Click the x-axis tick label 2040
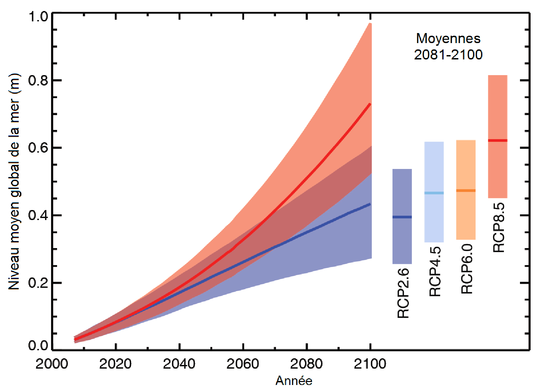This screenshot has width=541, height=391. pos(179,364)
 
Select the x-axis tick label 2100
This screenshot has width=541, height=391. pos(370,364)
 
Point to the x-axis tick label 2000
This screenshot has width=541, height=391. pos(52,364)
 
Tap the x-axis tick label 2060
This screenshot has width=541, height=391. pos(243,364)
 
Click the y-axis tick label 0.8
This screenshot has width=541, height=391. pos(38,80)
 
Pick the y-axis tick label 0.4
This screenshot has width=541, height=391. pos(38,215)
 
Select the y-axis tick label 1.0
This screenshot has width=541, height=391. pos(38,16)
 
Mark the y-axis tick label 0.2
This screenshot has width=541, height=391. pos(38,283)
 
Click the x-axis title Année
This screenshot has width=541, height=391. pos(294,381)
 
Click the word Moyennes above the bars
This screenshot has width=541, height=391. pos(448,38)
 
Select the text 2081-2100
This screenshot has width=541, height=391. pos(448,54)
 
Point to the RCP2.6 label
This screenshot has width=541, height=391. pos(403,293)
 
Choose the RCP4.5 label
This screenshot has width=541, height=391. pos(435,271)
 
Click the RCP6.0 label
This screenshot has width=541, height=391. pos(467,269)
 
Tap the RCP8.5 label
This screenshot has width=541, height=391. pos(499,227)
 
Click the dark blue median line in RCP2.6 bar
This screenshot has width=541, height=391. pos(402,217)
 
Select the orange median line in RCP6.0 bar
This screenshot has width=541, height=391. pos(466,191)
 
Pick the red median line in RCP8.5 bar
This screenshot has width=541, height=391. pos(498,141)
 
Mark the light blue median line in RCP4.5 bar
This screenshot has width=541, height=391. pos(434,193)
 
